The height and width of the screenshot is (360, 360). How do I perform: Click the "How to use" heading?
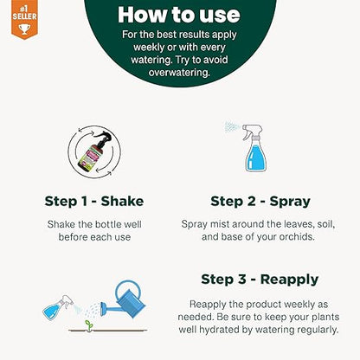[x=179, y=15]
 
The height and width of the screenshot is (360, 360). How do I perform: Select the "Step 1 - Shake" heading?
[x=94, y=201]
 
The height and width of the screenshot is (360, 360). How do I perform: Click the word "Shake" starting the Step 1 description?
[x=64, y=224]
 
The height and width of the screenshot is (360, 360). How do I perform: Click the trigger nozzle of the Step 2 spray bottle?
[x=251, y=132]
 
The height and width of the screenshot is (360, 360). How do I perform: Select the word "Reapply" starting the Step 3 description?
[x=211, y=304]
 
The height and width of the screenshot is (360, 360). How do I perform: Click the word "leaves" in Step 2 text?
[x=286, y=224]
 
